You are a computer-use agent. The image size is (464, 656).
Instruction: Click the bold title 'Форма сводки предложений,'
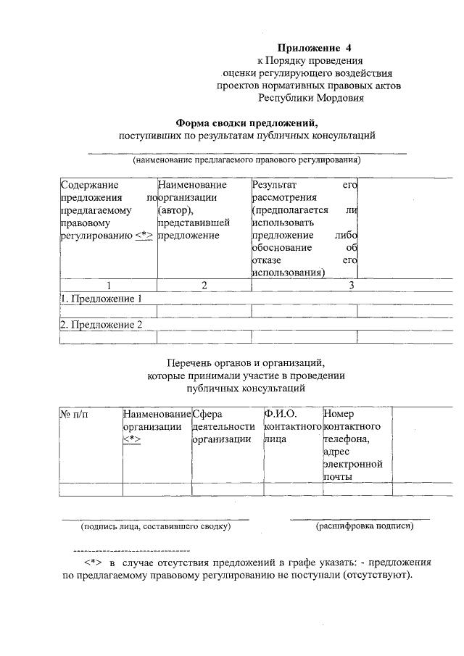pos(247,123)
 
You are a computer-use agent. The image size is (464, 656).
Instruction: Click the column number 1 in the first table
pos(108,286)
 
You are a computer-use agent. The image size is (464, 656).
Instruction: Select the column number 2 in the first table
pos(204,286)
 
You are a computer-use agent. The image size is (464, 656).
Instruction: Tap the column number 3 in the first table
pos(352,286)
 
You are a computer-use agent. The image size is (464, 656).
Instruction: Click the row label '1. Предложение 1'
pos(101,299)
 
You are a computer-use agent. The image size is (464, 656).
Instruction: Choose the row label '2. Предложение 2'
pos(101,325)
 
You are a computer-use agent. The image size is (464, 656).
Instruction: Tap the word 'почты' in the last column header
pos(337,476)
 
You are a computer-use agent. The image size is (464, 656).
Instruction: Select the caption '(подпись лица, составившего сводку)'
pos(155,526)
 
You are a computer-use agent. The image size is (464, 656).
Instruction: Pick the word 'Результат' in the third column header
pos(275,186)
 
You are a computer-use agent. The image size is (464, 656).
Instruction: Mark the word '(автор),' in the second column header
pos(176,210)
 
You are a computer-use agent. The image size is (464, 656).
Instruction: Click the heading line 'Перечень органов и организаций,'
pos(246,362)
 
